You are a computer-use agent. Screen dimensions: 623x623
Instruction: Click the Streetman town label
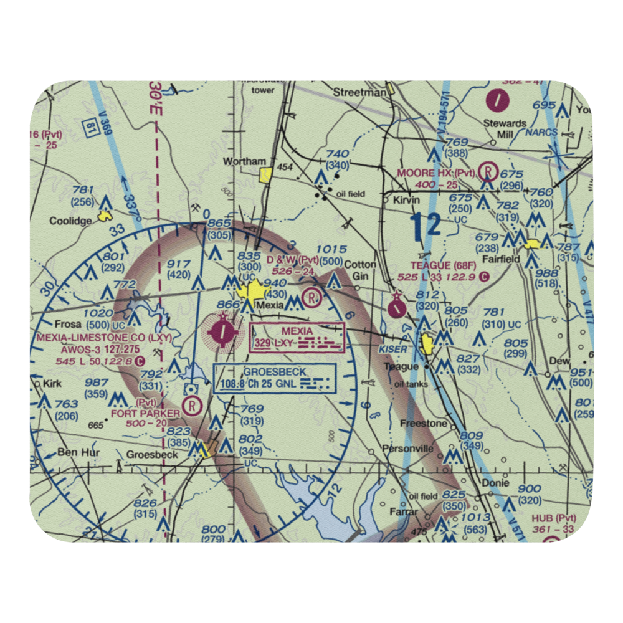(359, 92)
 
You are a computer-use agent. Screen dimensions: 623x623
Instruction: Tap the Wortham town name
(245, 161)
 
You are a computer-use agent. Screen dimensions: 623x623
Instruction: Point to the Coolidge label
(70, 221)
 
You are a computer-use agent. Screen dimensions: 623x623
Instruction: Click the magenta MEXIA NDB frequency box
(297, 337)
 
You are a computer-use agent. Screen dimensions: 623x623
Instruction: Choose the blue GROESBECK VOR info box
(275, 378)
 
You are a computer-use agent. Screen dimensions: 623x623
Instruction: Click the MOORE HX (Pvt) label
(437, 172)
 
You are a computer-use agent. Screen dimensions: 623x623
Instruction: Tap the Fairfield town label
(505, 259)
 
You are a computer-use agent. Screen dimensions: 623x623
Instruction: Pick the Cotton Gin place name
(360, 270)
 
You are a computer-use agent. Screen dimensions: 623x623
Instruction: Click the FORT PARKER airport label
(145, 412)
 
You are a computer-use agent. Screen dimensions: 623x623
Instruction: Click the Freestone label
(422, 424)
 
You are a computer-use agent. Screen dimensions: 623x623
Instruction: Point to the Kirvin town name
(407, 201)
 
